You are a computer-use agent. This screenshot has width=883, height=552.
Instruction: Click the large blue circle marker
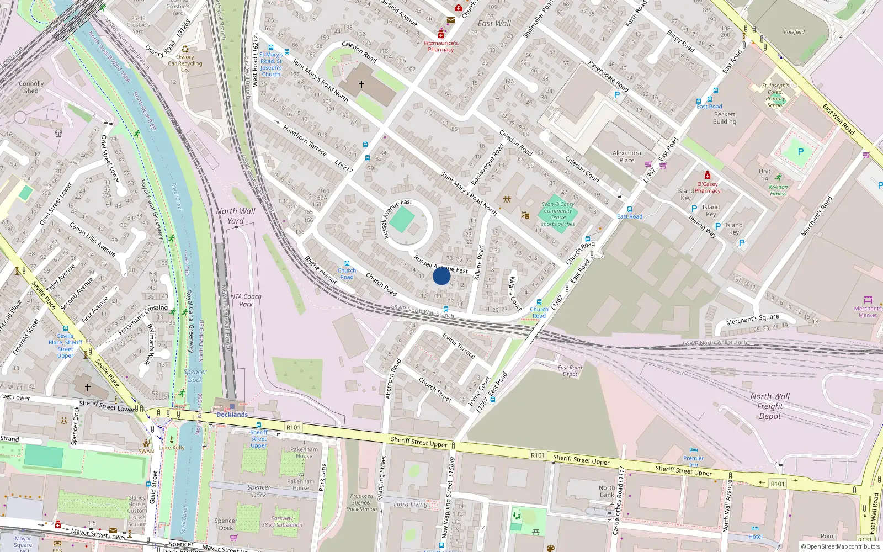click(441, 275)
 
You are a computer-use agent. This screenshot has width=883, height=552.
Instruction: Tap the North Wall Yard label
click(236, 216)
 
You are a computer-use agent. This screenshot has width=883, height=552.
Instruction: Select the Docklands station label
click(232, 415)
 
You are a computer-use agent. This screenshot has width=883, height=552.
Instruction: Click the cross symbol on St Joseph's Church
click(361, 84)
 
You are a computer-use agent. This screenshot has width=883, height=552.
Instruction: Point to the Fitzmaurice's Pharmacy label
click(440, 46)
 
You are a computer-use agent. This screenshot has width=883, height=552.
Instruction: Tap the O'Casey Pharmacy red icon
click(708, 176)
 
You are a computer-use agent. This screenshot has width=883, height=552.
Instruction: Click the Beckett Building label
click(724, 118)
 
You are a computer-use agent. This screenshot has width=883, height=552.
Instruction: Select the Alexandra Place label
click(627, 157)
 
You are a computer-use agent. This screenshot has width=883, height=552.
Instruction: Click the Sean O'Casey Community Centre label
click(558, 214)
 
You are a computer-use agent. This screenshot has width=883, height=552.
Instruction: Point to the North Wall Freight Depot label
click(770, 406)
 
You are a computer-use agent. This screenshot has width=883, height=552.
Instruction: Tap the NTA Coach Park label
click(246, 300)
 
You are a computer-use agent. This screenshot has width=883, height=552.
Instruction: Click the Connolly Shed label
click(31, 87)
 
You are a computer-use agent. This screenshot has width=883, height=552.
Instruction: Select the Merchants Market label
click(868, 311)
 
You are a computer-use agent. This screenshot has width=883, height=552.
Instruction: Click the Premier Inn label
click(693, 461)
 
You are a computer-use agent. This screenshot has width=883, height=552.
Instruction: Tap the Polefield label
click(794, 32)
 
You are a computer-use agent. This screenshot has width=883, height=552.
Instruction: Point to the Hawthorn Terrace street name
click(305, 140)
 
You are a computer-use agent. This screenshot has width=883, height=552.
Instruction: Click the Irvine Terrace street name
click(458, 346)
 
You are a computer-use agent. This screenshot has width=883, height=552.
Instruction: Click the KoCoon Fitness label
click(778, 190)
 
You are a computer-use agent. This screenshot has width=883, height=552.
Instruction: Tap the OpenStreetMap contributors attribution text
click(841, 546)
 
